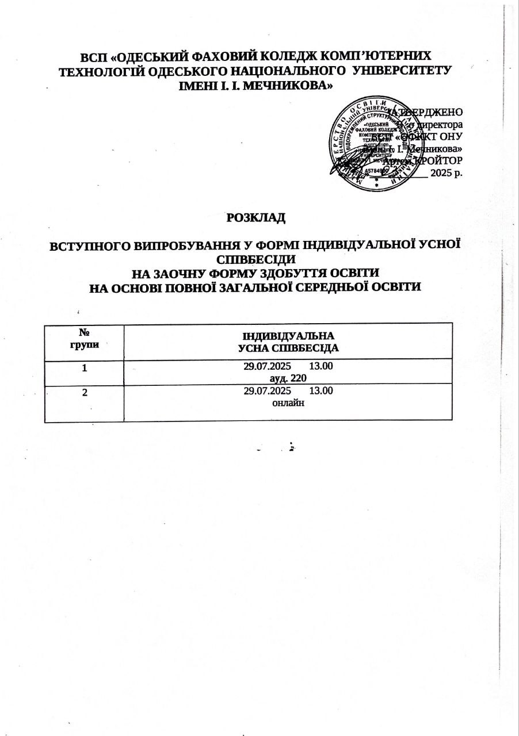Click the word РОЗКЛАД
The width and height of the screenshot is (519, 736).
pyautogui.click(x=257, y=218)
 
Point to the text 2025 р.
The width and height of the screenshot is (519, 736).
pyautogui.click(x=447, y=172)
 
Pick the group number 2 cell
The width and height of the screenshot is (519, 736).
pyautogui.click(x=85, y=392)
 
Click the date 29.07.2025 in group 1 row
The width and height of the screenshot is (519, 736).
pyautogui.click(x=268, y=366)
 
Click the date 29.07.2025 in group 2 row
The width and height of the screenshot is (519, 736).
pyautogui.click(x=268, y=392)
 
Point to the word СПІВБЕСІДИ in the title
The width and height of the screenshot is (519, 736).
pyautogui.click(x=256, y=258)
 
